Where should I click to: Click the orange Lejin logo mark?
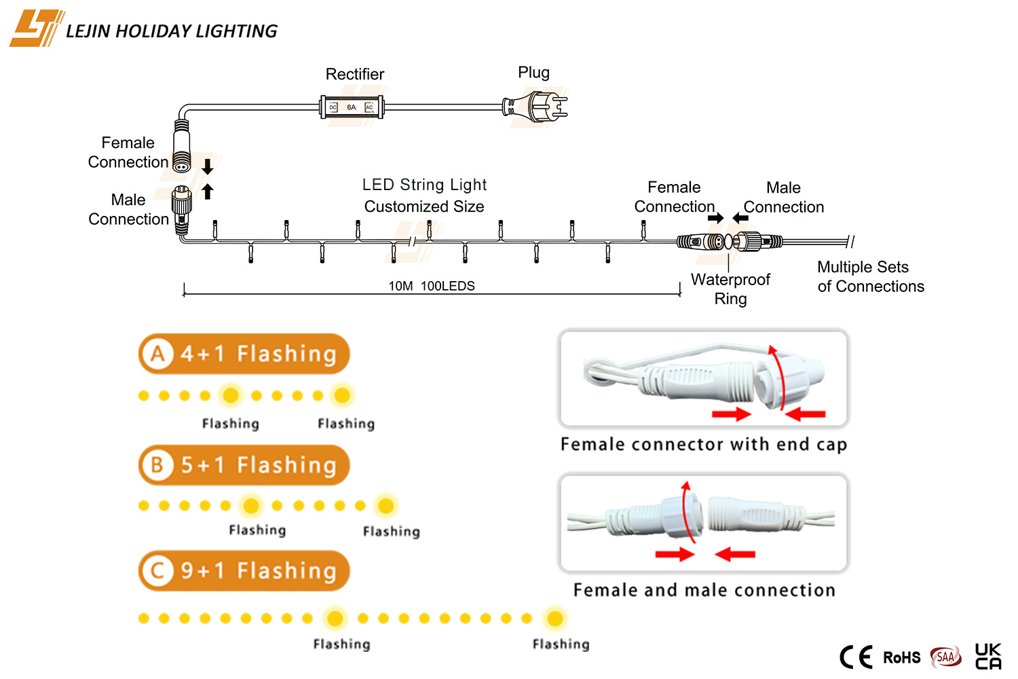tap(37, 29)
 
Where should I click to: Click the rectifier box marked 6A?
tap(352, 107)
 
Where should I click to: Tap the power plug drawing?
tap(535, 107)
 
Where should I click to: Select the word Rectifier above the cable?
tap(354, 74)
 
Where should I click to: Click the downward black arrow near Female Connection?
tap(207, 167)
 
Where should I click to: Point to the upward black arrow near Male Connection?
tap(207, 191)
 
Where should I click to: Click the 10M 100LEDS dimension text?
tap(431, 286)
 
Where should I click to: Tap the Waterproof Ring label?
tap(730, 289)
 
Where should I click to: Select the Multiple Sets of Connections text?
tap(871, 276)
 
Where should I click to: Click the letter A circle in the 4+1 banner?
tap(157, 354)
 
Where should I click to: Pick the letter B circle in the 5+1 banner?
tap(157, 465)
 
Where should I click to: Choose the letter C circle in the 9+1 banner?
tap(157, 571)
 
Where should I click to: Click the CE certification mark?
tap(856, 657)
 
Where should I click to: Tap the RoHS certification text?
tap(902, 658)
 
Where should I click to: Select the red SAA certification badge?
tap(946, 657)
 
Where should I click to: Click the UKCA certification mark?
tap(988, 657)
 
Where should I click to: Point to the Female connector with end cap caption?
tap(704, 444)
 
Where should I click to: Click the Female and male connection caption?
tap(704, 590)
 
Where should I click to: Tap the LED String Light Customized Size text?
tap(424, 196)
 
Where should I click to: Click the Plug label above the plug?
tap(534, 73)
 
